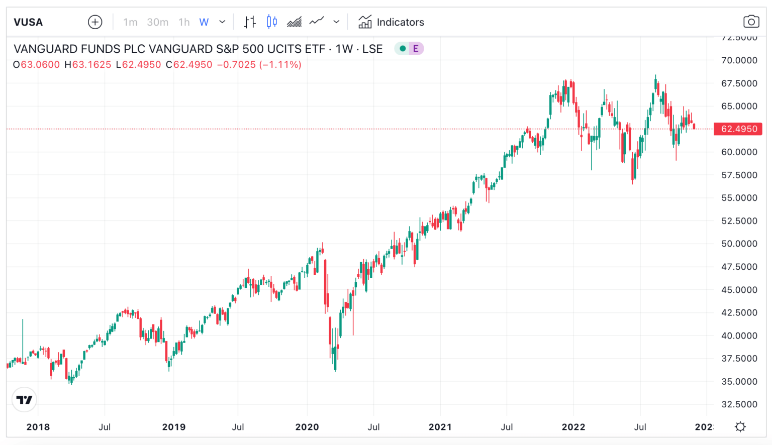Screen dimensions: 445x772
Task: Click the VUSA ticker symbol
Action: tap(28, 22)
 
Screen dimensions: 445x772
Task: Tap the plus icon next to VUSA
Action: tap(95, 22)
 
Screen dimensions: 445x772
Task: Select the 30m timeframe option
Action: tap(157, 22)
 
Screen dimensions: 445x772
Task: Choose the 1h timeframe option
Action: tap(184, 22)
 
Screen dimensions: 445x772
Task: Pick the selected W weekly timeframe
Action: tap(204, 22)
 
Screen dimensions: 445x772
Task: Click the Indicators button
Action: tap(391, 22)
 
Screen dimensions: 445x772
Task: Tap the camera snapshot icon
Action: tap(751, 22)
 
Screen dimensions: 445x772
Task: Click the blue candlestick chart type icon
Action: tap(272, 22)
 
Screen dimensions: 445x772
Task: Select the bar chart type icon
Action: tap(250, 22)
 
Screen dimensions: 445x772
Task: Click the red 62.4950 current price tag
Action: tap(738, 129)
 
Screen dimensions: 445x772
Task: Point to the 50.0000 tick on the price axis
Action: tap(739, 244)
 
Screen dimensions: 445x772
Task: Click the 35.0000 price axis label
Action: tap(739, 381)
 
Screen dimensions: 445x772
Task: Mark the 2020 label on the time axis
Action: tap(307, 427)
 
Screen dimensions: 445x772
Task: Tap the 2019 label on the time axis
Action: tap(174, 427)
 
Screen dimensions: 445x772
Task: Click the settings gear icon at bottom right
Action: tap(740, 427)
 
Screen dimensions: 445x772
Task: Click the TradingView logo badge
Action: tap(24, 400)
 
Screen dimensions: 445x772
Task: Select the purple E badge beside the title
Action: tap(416, 49)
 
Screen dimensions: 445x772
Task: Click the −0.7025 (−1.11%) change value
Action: tap(259, 65)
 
